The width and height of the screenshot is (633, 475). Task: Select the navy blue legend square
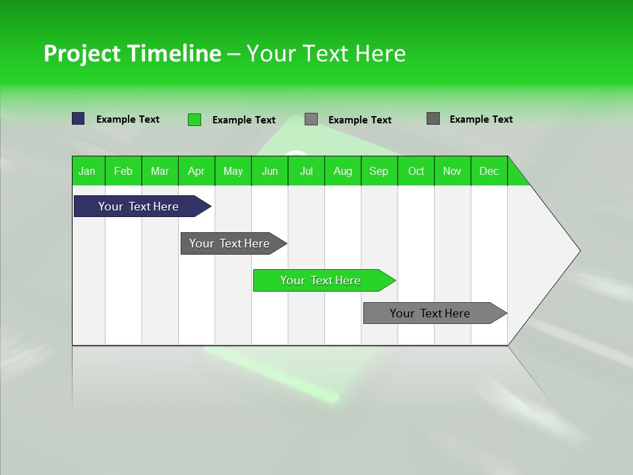pos(78,119)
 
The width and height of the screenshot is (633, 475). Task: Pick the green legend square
pos(194,119)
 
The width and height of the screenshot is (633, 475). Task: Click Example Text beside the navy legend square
pos(127,119)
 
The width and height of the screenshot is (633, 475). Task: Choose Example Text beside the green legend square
pos(243,120)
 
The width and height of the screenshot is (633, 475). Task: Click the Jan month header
pos(87,171)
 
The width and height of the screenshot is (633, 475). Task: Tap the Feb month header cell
pos(123,171)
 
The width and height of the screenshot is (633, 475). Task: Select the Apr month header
pos(196,171)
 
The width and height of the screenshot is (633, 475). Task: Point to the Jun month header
pos(270,171)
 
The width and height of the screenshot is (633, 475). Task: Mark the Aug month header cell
pos(343,171)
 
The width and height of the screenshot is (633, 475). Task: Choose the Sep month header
pos(379,171)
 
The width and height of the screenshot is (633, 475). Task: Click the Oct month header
pos(416,171)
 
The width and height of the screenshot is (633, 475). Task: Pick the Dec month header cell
pos(489,171)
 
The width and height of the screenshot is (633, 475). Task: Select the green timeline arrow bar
pos(321,280)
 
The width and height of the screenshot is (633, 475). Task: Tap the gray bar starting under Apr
pos(230,243)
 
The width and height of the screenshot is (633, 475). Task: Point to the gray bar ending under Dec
pos(431,313)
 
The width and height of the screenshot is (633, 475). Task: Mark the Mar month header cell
pos(160,171)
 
